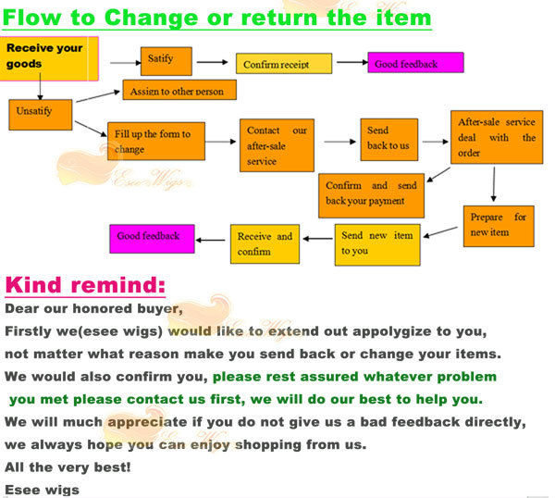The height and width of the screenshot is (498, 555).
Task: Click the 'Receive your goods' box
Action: click(49, 58)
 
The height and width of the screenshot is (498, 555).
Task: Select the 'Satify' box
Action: click(166, 61)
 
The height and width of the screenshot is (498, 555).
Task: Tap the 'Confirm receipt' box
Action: click(284, 63)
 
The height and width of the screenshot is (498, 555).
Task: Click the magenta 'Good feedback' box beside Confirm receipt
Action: click(415, 62)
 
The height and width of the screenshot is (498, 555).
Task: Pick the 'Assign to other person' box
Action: click(179, 90)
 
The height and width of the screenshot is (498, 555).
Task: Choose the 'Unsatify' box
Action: click(41, 115)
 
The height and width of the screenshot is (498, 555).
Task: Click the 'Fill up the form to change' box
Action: click(156, 142)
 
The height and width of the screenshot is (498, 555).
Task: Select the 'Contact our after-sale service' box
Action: click(277, 145)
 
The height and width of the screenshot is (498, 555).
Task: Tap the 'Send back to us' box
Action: click(389, 140)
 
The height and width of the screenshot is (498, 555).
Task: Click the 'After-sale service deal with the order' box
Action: click(497, 137)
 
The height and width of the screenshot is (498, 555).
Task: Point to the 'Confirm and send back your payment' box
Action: click(371, 195)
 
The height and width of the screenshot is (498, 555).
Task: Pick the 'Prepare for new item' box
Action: click(499, 226)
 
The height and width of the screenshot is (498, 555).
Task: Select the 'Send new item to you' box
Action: click(377, 244)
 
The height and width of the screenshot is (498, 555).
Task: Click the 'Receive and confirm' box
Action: click(265, 244)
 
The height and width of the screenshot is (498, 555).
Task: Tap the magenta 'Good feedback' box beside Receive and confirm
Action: click(152, 239)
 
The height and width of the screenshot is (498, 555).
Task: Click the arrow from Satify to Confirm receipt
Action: click(213, 62)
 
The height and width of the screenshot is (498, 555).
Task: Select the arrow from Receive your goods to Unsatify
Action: click(40, 86)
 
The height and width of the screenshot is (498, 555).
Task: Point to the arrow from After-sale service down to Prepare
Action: click(494, 184)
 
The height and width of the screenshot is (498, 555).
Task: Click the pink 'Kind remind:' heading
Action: click(85, 285)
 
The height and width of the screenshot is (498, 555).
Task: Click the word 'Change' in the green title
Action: click(151, 18)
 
